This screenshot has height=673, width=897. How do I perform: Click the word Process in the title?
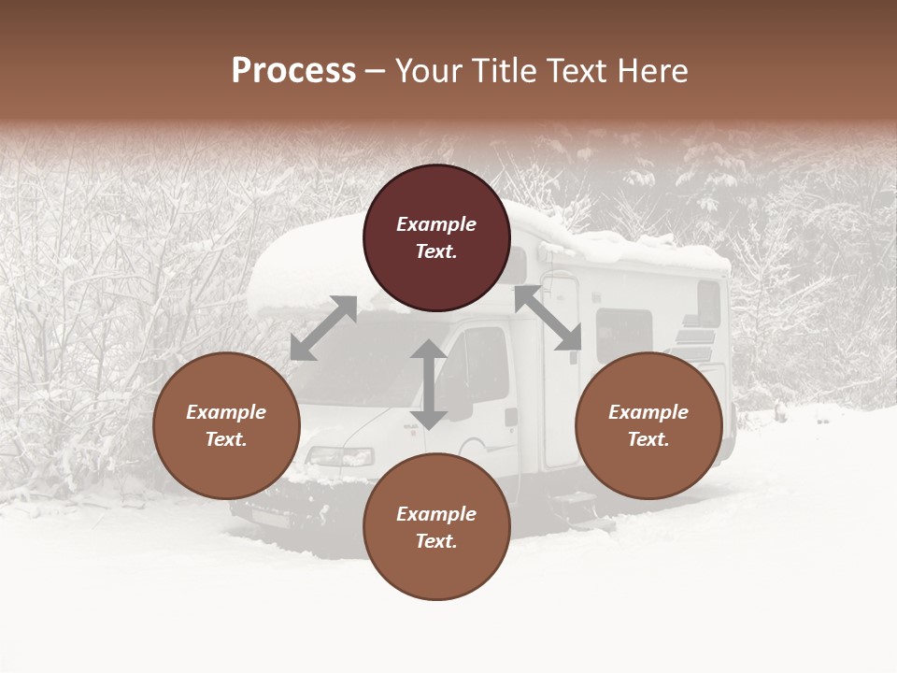coord(293,71)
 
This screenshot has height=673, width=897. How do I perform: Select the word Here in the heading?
coord(651,71)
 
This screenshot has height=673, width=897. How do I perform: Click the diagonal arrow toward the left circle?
coord(323,328)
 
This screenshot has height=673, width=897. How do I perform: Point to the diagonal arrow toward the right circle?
coord(548,318)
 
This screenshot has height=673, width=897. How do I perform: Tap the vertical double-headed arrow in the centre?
coord(429,384)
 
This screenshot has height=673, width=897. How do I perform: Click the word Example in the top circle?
coord(436,224)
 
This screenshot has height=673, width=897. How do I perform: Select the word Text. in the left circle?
coord(226,439)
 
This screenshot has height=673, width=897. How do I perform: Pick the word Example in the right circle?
coord(648,412)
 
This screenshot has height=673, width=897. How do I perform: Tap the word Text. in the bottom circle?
coord(436,541)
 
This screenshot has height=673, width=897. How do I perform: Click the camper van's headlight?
coord(340,457)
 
